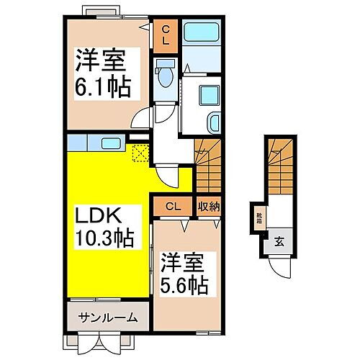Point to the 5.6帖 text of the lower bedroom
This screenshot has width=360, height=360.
pyautogui.click(x=184, y=286)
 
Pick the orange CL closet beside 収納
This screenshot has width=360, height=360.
pyautogui.click(x=172, y=207)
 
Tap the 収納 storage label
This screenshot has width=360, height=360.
pyautogui.click(x=209, y=207)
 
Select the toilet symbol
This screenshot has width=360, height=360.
pyautogui.click(x=164, y=74)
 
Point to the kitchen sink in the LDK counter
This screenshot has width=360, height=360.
pyautogui.click(x=109, y=142)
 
